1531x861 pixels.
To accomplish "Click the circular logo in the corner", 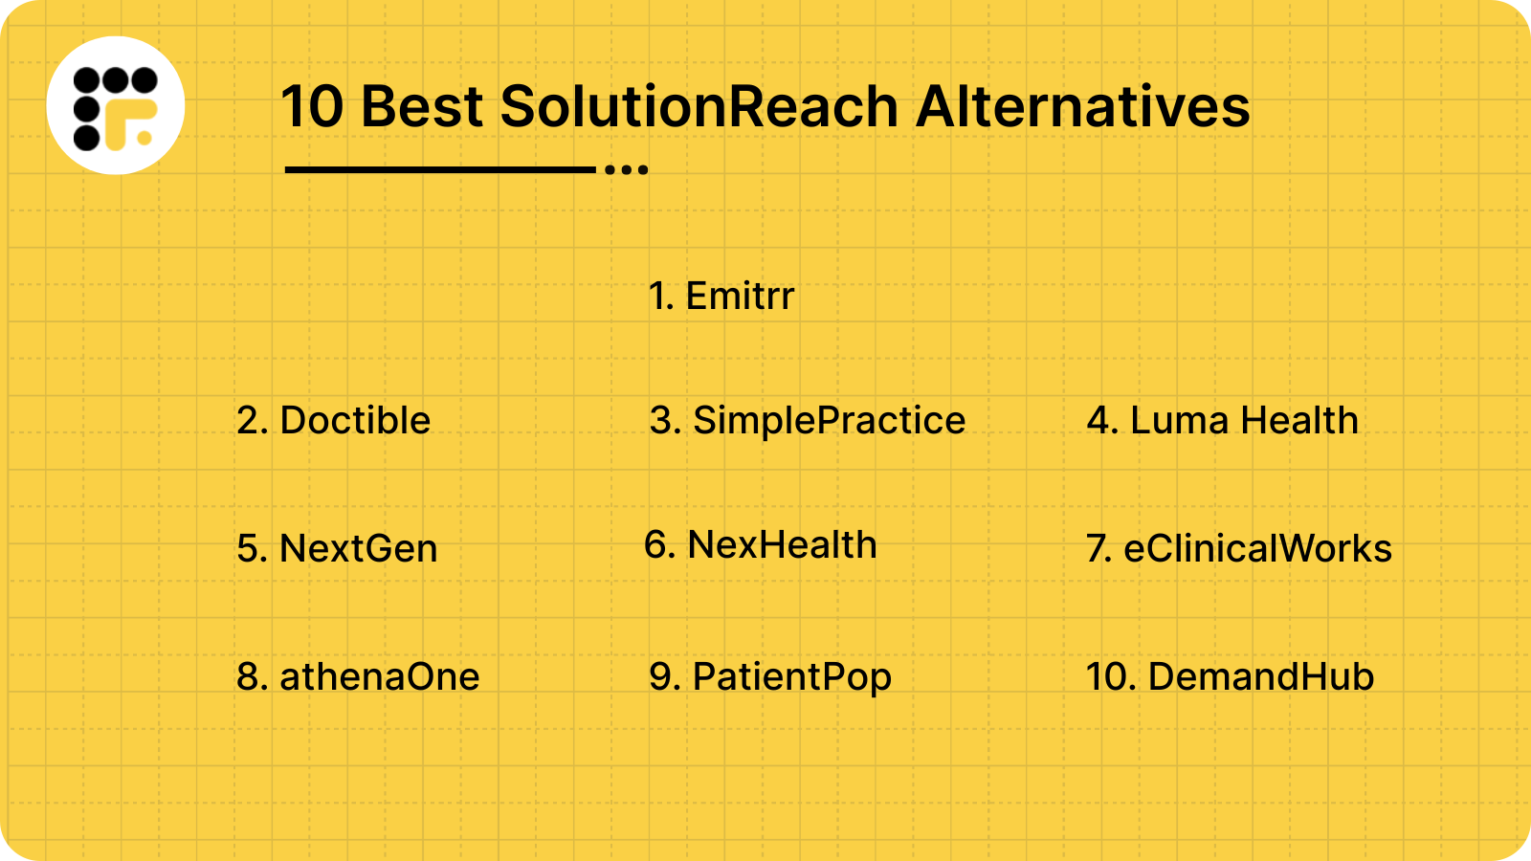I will click(116, 105).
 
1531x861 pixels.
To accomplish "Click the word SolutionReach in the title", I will click(699, 106).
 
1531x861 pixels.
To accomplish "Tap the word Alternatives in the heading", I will click(1082, 106).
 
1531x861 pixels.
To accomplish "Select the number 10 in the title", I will click(312, 106).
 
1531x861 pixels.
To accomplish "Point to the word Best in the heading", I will click(422, 106).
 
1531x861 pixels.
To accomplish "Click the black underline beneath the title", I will click(440, 170).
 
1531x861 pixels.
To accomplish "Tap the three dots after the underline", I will click(627, 170).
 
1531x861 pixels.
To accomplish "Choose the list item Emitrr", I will click(721, 297).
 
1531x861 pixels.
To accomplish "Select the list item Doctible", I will click(334, 421).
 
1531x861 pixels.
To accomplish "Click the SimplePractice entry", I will click(808, 421).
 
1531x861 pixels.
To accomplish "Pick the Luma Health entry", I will click(1223, 421).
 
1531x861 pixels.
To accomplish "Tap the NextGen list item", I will click(337, 549).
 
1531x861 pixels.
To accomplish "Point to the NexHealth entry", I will click(761, 545).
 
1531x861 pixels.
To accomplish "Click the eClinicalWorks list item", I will click(1239, 549).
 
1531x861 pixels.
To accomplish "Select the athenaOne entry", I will click(358, 677).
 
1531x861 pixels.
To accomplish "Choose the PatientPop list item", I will click(770, 677).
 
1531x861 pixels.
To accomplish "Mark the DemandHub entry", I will click(1231, 677).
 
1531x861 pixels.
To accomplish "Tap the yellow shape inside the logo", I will click(129, 122).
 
